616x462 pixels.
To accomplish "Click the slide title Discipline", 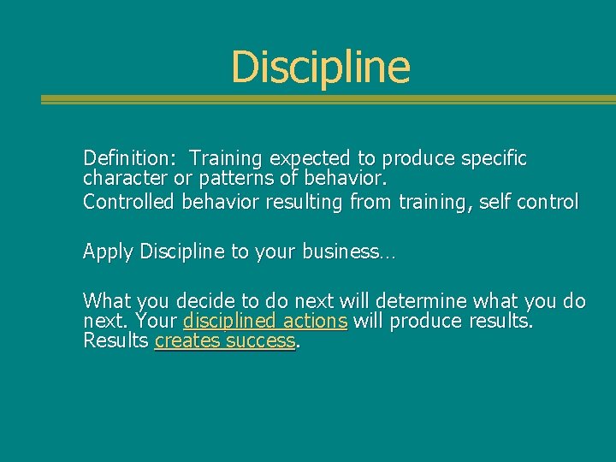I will coord(320,67).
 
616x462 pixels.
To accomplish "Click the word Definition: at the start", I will coord(129,158).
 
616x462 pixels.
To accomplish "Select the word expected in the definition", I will coord(311,158).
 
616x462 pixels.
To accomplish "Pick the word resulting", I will coord(293,203).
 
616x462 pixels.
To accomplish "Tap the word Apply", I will coord(108,252).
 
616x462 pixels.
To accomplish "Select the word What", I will coord(106,301).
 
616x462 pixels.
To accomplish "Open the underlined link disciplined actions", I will coord(264,322).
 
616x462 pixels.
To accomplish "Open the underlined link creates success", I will coord(224,341).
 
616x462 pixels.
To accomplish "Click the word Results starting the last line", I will coord(115,341).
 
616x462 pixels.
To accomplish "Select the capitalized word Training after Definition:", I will coord(227,158).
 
